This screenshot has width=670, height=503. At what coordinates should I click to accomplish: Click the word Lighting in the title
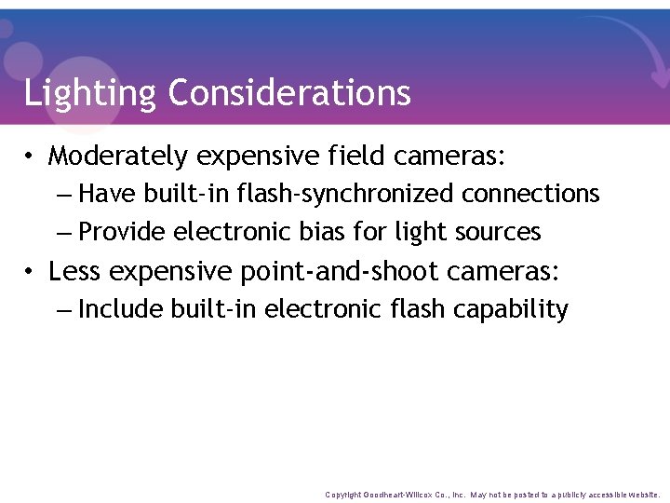(x=90, y=93)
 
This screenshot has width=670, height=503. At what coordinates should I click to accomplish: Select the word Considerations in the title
(x=289, y=93)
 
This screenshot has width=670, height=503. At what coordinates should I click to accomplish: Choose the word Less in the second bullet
(x=75, y=271)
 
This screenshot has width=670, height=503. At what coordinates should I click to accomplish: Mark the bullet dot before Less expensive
(x=31, y=272)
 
